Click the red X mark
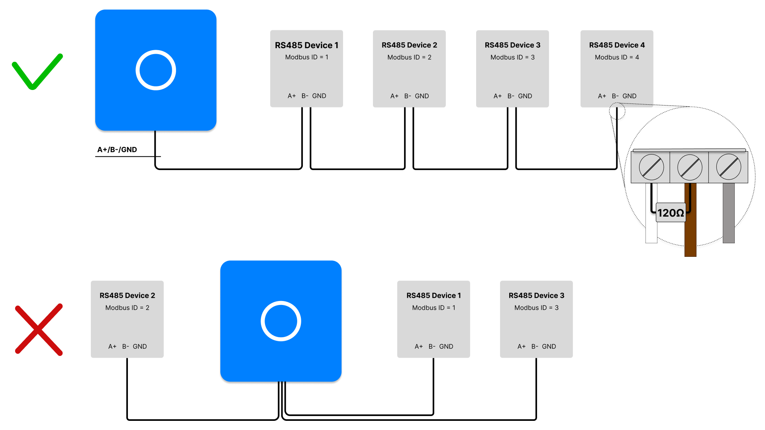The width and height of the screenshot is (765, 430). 39,329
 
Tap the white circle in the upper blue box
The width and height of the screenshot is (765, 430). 156,70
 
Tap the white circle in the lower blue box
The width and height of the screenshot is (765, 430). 281,321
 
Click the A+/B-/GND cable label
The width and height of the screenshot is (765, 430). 117,150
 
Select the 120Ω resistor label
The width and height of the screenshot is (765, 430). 671,213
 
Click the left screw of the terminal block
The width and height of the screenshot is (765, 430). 651,167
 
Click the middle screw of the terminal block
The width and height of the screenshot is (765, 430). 690,167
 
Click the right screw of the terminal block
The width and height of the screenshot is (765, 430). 728,167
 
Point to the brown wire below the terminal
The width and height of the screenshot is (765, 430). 690,235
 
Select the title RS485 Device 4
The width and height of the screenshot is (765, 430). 617,45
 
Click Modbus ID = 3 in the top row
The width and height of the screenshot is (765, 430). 512,57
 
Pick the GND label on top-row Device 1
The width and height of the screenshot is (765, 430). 319,96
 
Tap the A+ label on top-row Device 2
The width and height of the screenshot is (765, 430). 394,96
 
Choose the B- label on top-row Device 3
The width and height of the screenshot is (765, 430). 511,96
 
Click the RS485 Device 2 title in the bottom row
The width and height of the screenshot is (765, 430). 127,295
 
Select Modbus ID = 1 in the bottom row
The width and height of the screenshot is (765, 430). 433,308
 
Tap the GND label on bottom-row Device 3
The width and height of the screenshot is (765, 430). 549,346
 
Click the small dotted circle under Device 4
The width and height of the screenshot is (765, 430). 617,111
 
